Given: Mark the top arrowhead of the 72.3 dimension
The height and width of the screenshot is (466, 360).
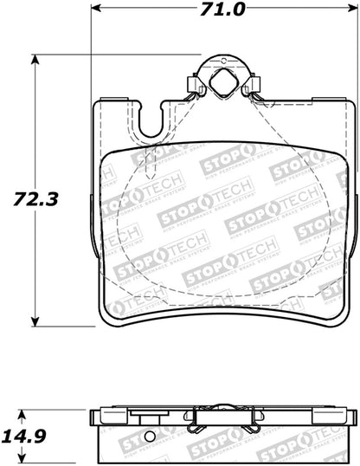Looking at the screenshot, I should [x=35, y=60].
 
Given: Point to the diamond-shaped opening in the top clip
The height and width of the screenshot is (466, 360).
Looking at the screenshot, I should [x=221, y=84].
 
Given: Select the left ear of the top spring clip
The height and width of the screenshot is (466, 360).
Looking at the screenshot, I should [x=191, y=85].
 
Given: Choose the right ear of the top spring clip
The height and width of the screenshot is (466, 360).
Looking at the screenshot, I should [x=252, y=85].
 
